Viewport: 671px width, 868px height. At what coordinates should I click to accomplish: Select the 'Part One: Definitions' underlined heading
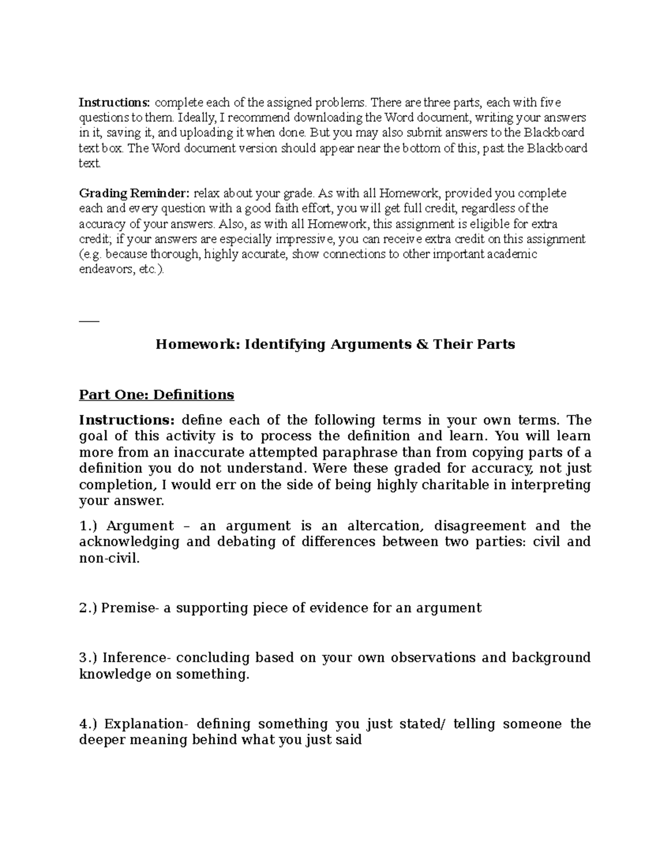coord(157,395)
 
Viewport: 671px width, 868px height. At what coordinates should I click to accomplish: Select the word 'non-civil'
coord(108,558)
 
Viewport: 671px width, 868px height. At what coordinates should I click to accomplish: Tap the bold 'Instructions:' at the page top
coord(114,103)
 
